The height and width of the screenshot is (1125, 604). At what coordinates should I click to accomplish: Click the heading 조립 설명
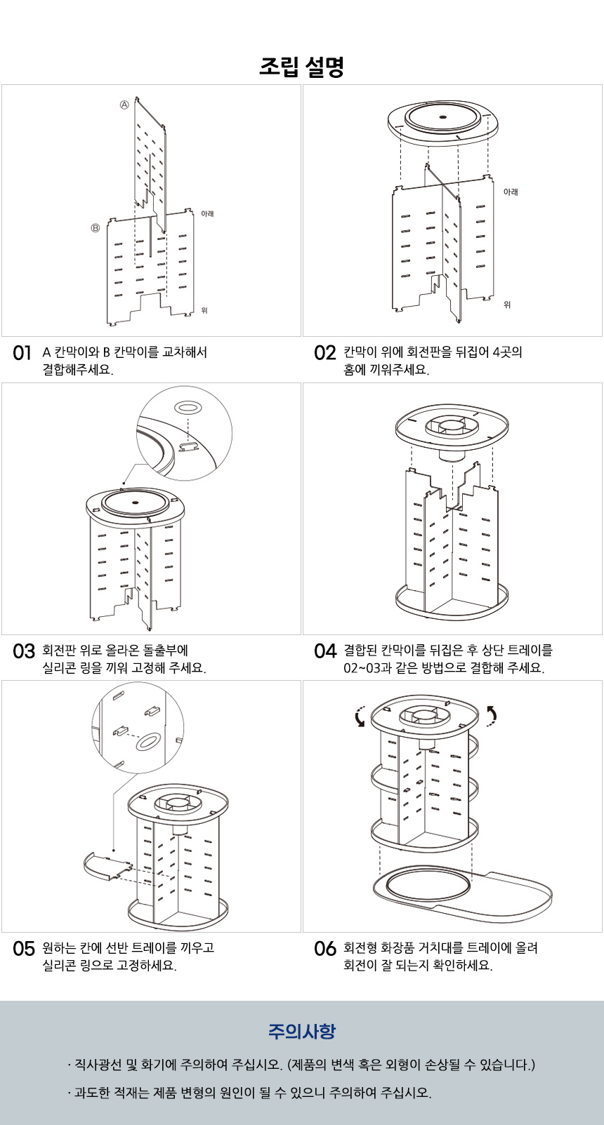[301, 67]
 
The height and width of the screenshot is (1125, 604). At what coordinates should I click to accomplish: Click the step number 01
[22, 353]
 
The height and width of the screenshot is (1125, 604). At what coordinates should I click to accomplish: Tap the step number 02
[324, 353]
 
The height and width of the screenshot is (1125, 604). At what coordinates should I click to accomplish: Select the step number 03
[23, 651]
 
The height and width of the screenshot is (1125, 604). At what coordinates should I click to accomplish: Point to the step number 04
[324, 651]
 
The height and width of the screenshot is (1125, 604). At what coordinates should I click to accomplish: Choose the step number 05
[23, 949]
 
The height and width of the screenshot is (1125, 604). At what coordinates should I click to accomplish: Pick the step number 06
[324, 949]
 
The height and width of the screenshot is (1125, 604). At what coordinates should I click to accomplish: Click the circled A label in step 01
[124, 105]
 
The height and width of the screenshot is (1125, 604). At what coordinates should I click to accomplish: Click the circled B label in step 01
[95, 228]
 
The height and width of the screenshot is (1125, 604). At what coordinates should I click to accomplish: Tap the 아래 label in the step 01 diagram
[207, 213]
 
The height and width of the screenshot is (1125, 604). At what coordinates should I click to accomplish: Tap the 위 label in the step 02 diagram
[507, 305]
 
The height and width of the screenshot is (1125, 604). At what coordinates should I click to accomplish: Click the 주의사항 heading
[301, 1031]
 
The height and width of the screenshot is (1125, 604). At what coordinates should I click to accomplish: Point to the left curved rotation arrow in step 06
[360, 717]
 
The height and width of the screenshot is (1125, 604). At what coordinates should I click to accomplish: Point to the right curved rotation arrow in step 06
[491, 714]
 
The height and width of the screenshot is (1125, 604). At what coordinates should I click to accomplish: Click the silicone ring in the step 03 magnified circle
[188, 407]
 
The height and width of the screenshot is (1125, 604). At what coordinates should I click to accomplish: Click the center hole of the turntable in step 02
[442, 116]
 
